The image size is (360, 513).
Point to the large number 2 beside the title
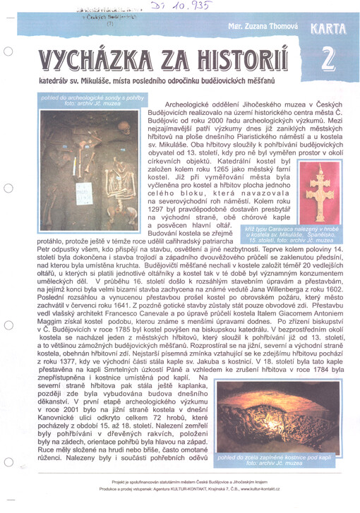tap(327, 61)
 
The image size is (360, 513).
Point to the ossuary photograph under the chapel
tap(268, 415)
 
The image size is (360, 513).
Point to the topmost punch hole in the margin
tap(7, 52)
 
